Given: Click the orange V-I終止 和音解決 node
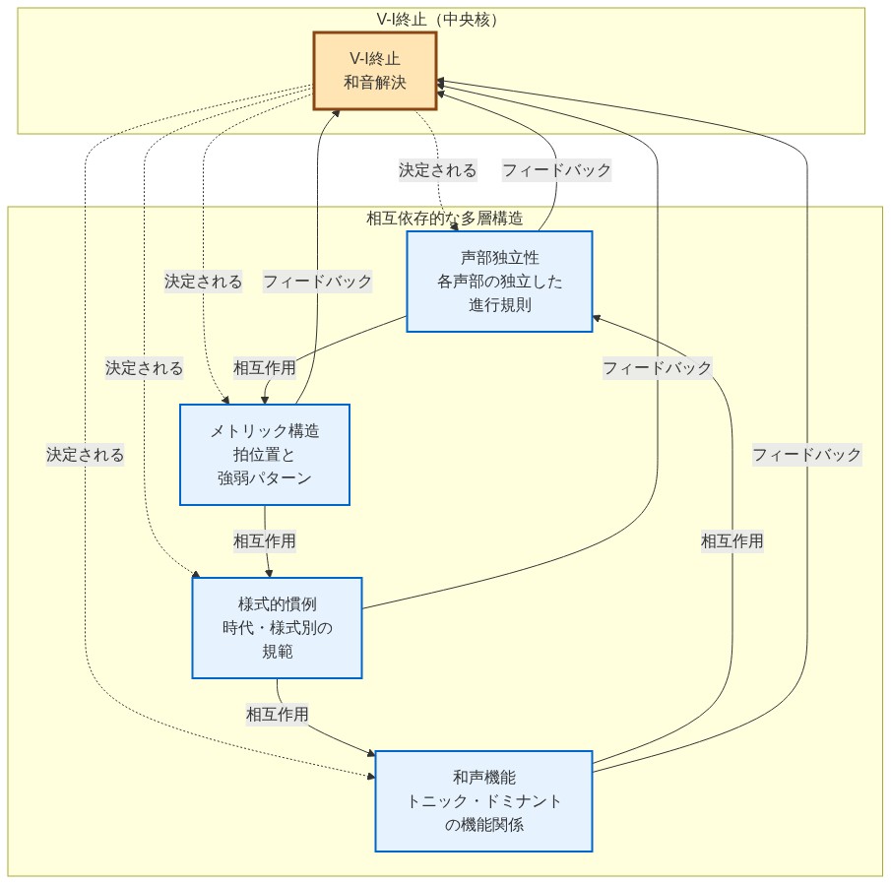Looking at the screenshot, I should [374, 70].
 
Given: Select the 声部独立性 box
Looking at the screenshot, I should [499, 282].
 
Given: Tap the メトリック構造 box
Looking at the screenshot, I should [264, 455].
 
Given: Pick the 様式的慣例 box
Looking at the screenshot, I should [277, 627].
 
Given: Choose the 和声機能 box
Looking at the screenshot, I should [483, 800].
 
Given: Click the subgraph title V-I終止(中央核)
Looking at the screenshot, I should [440, 19].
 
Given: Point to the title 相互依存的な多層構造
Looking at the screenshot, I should [444, 219].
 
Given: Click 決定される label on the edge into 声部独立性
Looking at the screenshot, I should [437, 170].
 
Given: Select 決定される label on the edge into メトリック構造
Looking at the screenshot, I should [203, 282].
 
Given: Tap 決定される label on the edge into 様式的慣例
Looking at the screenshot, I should [145, 368].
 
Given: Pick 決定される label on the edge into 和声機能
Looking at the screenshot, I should [85, 455].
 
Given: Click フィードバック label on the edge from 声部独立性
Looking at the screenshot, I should [556, 170].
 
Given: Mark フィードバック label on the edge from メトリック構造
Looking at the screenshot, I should [317, 282].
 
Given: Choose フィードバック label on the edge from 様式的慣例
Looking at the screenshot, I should [657, 368].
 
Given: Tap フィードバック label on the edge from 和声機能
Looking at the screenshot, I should [806, 455].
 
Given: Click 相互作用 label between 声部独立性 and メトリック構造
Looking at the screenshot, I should [264, 368].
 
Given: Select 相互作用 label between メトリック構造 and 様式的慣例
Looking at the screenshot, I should [264, 540].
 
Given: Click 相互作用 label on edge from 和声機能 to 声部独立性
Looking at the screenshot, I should [732, 540].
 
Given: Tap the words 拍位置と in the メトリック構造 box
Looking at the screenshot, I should [264, 455].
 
